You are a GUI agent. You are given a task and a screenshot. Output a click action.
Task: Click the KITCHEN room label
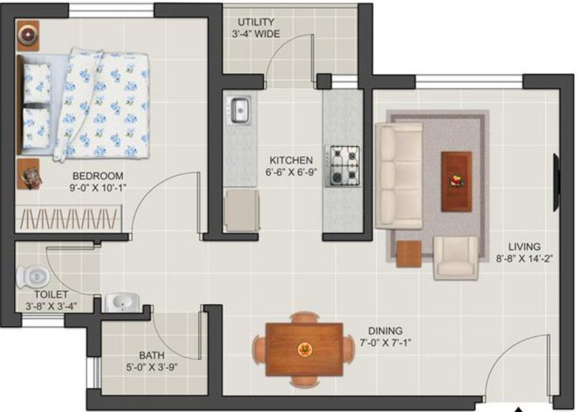(x=291, y=160)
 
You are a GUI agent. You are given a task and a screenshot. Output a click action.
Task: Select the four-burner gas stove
(x=345, y=166)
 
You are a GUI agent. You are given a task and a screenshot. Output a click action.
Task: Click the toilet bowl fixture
(x=33, y=277)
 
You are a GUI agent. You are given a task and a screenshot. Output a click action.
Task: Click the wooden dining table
(x=304, y=349)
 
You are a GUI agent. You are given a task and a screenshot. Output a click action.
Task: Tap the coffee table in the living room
(x=456, y=180)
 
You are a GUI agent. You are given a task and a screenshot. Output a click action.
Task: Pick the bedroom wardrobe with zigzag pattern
(x=69, y=219)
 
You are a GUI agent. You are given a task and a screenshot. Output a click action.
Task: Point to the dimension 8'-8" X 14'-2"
(x=524, y=259)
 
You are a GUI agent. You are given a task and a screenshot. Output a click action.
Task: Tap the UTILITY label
(x=256, y=22)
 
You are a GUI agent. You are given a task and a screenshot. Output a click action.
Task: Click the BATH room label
(x=152, y=355)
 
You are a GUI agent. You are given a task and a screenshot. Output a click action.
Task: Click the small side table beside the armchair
(x=408, y=253)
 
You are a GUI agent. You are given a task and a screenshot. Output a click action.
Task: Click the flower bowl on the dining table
(x=304, y=349)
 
